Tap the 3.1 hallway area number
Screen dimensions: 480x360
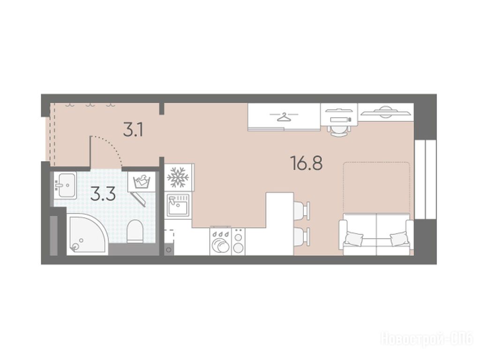133,130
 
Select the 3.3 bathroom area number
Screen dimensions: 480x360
103,194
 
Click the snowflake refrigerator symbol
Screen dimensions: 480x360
178,177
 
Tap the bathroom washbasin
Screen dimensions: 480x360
65,185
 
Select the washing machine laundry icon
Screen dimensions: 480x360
142,182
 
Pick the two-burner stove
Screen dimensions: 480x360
239,241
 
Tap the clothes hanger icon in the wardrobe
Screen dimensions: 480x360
284,117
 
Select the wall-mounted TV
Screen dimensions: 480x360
385,112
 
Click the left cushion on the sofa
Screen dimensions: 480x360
354,238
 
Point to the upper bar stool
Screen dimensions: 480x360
301,210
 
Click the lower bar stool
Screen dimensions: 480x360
301,236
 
